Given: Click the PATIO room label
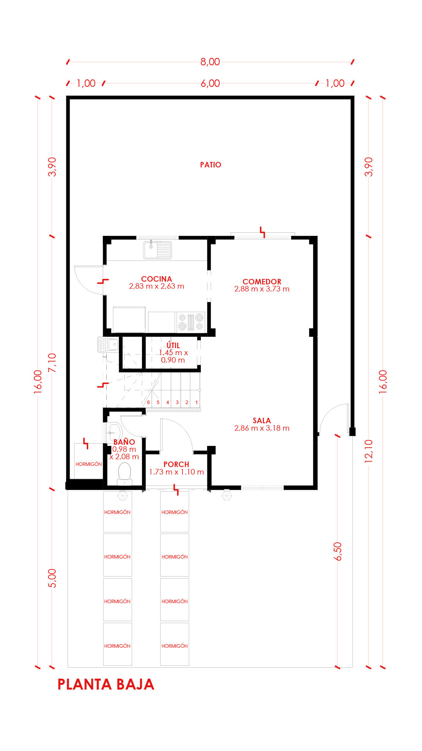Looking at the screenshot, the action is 211,165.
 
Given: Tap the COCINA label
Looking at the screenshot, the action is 156,279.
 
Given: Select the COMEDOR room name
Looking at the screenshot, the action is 262,282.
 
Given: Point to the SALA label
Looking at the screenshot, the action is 262,420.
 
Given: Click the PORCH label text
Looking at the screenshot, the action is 176,464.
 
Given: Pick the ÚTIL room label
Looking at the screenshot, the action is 173,345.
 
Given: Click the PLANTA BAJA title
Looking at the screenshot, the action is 106,685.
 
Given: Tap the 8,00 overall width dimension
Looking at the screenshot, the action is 210,62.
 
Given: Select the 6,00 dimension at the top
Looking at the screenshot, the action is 210,83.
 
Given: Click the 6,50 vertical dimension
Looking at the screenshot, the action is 338,552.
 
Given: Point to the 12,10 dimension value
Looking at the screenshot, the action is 369,451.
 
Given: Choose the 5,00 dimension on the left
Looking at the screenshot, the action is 52,578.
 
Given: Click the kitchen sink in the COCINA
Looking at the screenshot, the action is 157,250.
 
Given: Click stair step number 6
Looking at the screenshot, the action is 148,402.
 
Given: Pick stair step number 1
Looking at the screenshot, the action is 197,402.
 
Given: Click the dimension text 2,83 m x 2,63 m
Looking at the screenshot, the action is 156,286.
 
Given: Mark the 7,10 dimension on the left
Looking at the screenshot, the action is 52,363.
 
